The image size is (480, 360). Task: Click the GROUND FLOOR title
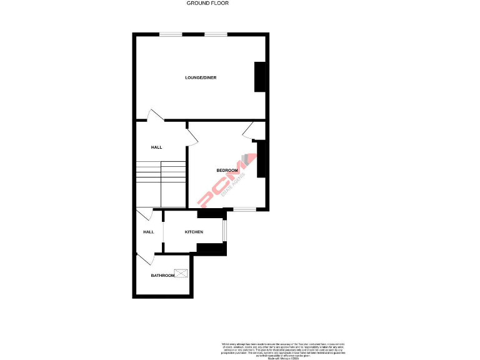click(x=207, y=3)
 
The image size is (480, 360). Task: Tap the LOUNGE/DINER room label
click(x=201, y=77)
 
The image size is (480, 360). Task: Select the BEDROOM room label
click(x=227, y=171)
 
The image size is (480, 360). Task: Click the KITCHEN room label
click(x=194, y=232)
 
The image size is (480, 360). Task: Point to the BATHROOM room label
click(x=162, y=275)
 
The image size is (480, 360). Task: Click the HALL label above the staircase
click(x=156, y=147)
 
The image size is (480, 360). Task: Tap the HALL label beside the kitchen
click(x=149, y=232)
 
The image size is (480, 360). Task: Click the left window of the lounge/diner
click(x=170, y=34)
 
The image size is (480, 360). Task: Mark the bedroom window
click(x=244, y=209)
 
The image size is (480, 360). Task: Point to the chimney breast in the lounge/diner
click(x=259, y=77)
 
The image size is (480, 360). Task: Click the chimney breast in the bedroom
click(x=262, y=159)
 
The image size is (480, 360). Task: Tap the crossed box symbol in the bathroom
click(x=182, y=272)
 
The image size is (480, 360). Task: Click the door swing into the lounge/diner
click(x=154, y=116)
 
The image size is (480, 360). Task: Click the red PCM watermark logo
click(x=224, y=181)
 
